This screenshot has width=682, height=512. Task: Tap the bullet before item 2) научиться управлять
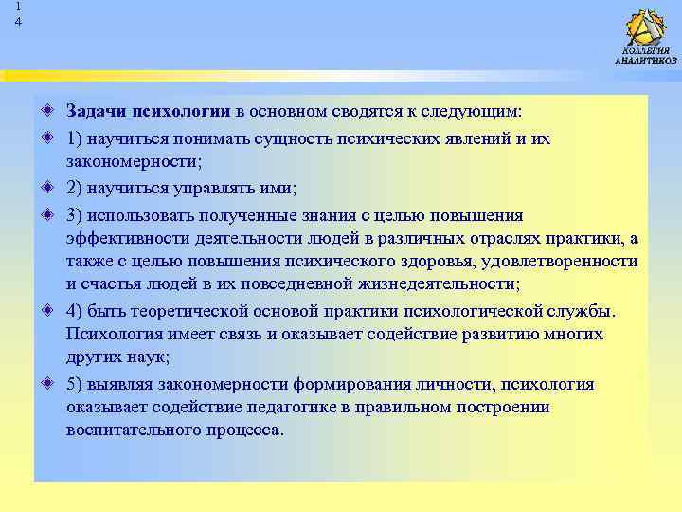coord(47,188)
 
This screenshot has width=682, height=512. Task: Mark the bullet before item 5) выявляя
coord(47,384)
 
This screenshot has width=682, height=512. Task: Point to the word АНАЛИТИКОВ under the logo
coord(646,61)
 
